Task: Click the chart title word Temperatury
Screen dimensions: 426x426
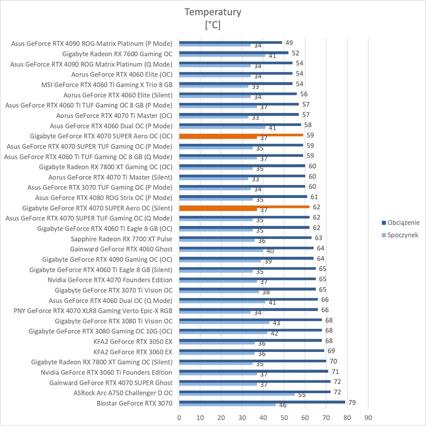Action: click(x=213, y=12)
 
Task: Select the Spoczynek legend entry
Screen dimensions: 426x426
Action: click(x=403, y=235)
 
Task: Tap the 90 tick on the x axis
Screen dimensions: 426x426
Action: click(x=368, y=417)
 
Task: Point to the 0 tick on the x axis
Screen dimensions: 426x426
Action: click(x=179, y=417)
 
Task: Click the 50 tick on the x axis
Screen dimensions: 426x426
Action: click(x=284, y=417)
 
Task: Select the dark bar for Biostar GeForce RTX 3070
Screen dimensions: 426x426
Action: click(x=262, y=402)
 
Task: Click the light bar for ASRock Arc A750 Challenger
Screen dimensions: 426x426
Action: click(x=237, y=395)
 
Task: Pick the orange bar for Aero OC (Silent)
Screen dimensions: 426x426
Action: click(x=244, y=207)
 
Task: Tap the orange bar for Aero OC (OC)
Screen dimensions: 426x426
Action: click(x=241, y=135)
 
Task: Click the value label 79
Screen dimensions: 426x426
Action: click(x=352, y=402)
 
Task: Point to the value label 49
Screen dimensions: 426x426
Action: click(x=289, y=43)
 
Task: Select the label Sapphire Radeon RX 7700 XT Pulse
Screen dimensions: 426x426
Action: click(x=121, y=239)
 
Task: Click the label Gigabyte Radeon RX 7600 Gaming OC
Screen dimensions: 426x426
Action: click(x=117, y=54)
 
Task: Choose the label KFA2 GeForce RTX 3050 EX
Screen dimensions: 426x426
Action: click(x=133, y=341)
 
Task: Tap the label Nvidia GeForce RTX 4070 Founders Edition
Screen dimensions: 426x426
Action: click(x=110, y=280)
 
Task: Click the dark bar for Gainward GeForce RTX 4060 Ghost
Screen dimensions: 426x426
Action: click(x=246, y=248)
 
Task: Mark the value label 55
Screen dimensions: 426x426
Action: click(x=301, y=395)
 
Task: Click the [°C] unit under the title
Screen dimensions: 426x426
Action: click(x=213, y=25)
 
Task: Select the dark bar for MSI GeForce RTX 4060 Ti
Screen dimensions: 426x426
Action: click(x=236, y=83)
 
